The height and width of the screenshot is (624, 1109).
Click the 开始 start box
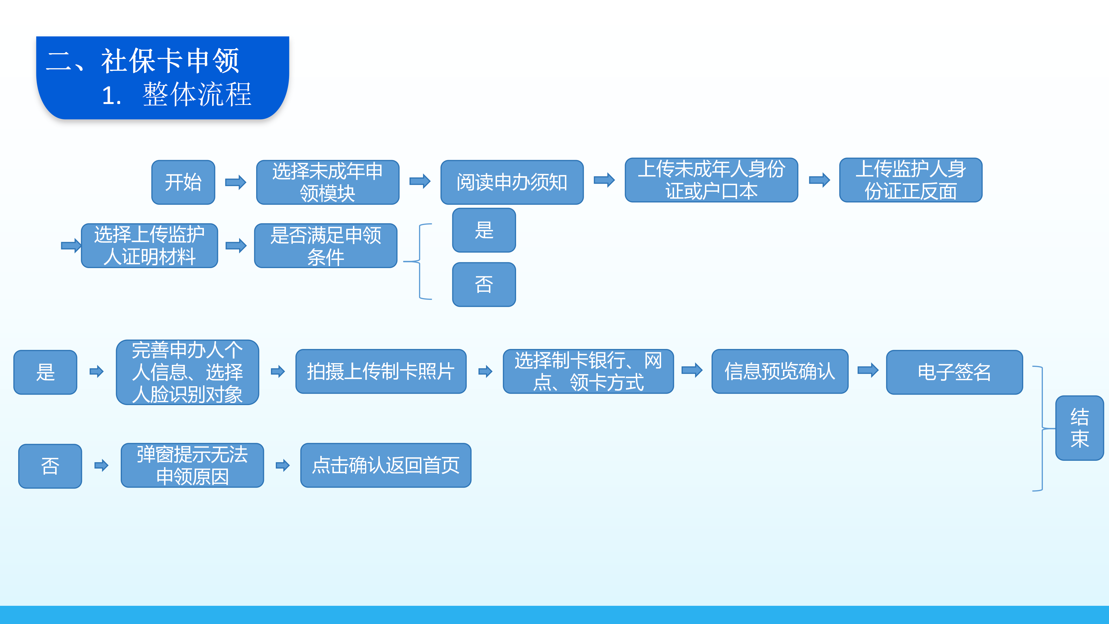pyautogui.click(x=183, y=182)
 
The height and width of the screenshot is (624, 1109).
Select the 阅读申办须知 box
pyautogui.click(x=512, y=182)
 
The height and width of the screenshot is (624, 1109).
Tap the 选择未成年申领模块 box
pyautogui.click(x=328, y=182)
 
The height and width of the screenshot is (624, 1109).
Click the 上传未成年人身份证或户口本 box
pyautogui.click(x=711, y=180)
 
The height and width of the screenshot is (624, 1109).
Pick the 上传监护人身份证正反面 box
pyautogui.click(x=911, y=180)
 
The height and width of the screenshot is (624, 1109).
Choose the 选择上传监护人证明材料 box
pyautogui.click(x=149, y=246)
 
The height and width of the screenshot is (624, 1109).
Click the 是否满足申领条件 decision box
pyautogui.click(x=325, y=246)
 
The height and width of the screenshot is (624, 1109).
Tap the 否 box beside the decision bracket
pyautogui.click(x=484, y=284)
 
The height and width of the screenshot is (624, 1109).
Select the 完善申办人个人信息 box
pyautogui.click(x=187, y=372)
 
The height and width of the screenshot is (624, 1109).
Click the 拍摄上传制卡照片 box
pyautogui.click(x=381, y=371)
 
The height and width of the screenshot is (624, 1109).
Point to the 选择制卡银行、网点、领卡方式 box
pyautogui.click(x=588, y=371)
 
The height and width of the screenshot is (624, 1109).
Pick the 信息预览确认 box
pyautogui.click(x=780, y=371)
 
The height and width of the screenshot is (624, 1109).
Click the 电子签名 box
pyautogui.click(x=954, y=372)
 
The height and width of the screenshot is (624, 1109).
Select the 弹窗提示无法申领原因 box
pyautogui.click(x=192, y=465)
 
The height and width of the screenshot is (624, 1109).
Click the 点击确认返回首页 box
pyautogui.click(x=386, y=465)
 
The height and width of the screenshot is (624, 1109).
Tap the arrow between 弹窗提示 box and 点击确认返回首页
pyautogui.click(x=282, y=465)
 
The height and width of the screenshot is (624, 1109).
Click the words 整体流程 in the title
pyautogui.click(x=197, y=94)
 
